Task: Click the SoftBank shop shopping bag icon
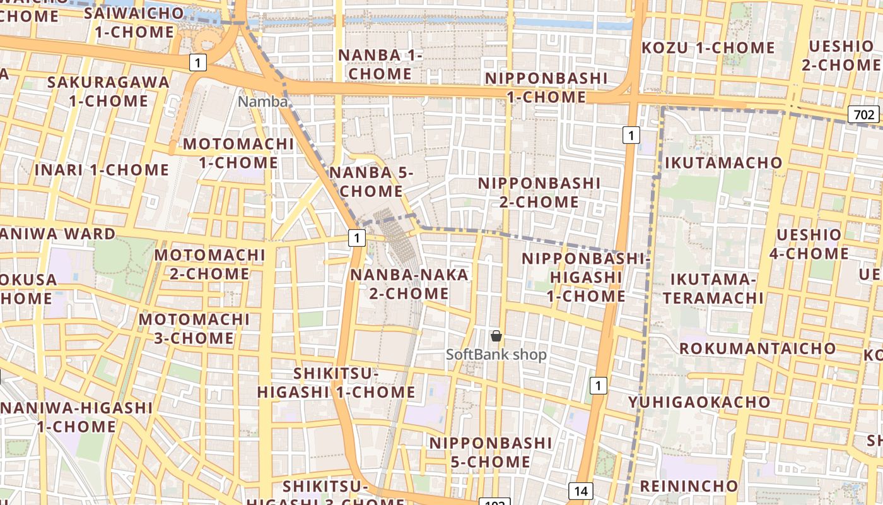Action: (x=496, y=335)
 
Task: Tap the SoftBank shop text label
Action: (x=496, y=355)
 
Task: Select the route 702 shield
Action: (x=864, y=114)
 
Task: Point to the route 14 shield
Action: (x=581, y=490)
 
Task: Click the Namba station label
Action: (x=263, y=101)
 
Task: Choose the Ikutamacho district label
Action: (x=723, y=163)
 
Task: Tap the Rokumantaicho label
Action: (x=757, y=348)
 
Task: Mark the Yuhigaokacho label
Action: (x=699, y=402)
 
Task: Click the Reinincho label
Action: (x=689, y=486)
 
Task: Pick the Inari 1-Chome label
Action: (x=102, y=170)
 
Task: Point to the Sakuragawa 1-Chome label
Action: (x=108, y=92)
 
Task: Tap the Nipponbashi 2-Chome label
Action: (x=539, y=193)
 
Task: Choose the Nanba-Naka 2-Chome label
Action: (x=409, y=284)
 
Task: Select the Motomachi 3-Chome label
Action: (x=194, y=328)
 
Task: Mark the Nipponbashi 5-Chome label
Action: (x=490, y=452)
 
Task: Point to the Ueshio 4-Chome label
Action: (x=809, y=244)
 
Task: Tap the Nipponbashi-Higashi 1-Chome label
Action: (x=585, y=277)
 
